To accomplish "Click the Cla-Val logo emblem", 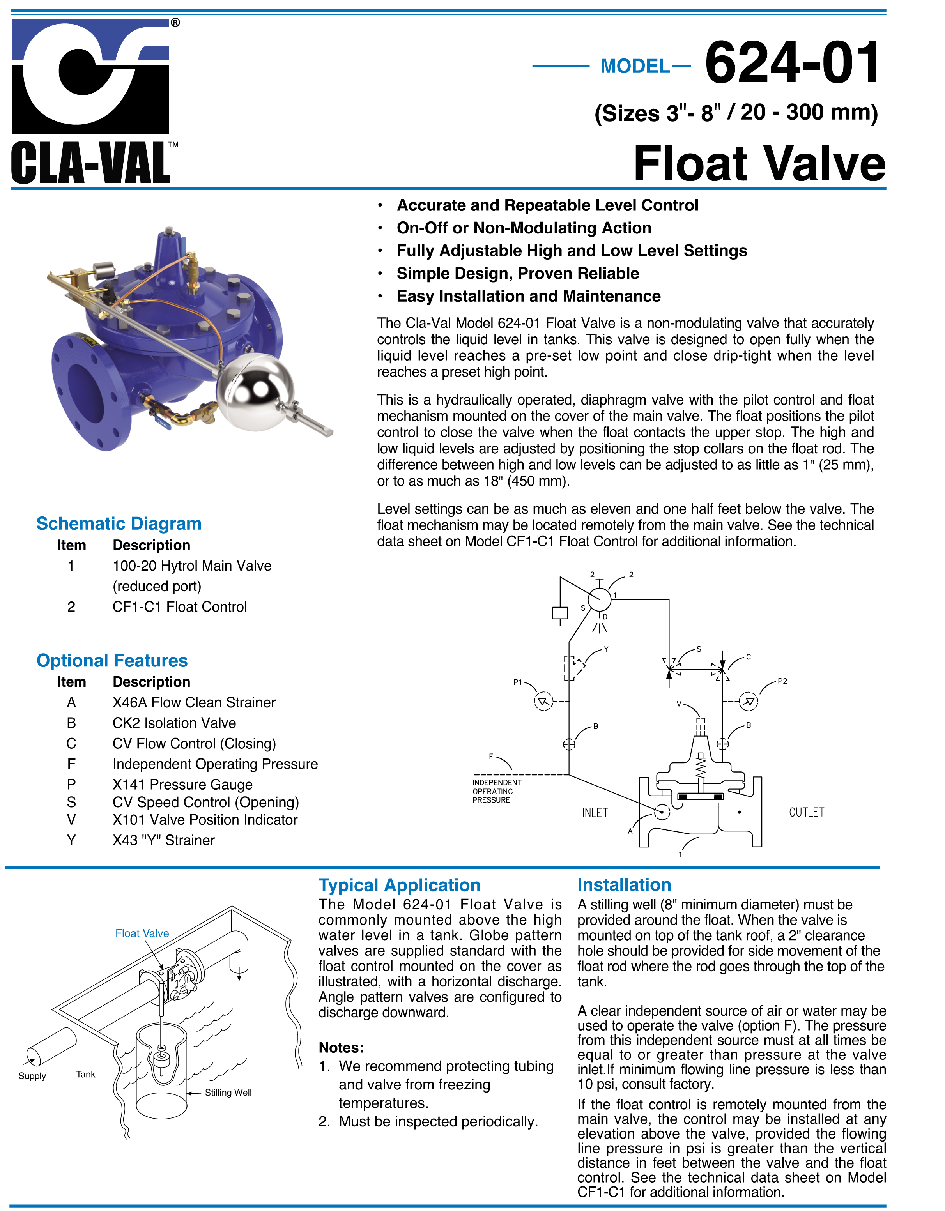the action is pyautogui.click(x=90, y=76).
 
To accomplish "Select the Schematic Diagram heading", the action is pyautogui.click(x=119, y=523).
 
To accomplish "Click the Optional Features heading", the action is pyautogui.click(x=112, y=660).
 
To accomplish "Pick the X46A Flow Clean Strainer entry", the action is pyautogui.click(x=194, y=702).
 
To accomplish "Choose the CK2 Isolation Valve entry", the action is pyautogui.click(x=174, y=723).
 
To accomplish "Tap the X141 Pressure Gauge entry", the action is pyautogui.click(x=182, y=785).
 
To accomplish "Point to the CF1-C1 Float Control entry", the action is pyautogui.click(x=180, y=606).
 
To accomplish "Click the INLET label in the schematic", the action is pyautogui.click(x=595, y=813).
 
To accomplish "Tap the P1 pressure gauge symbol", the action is pyautogui.click(x=543, y=702).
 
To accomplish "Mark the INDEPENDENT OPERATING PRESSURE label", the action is pyautogui.click(x=497, y=791).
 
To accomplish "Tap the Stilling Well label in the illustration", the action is pyautogui.click(x=228, y=1093).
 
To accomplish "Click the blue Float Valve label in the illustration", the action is pyautogui.click(x=142, y=933).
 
